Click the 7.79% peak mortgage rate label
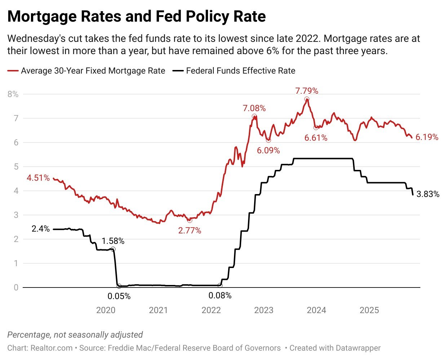[x=306, y=91]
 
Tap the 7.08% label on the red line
[x=254, y=108]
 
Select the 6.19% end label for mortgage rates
[x=427, y=137]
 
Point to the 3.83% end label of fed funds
[x=428, y=194]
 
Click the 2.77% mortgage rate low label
[x=190, y=231]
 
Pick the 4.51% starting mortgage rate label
[x=38, y=178]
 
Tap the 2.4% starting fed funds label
[x=40, y=229]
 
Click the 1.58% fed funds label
[x=113, y=241]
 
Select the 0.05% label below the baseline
[x=119, y=297]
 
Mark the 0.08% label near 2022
[x=220, y=296]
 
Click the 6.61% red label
[x=316, y=138]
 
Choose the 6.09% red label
[x=268, y=150]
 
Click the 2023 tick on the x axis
[x=264, y=310]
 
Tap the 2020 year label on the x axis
[x=106, y=310]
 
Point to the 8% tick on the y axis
[x=13, y=94]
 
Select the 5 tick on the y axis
[x=16, y=167]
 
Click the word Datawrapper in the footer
[x=358, y=348]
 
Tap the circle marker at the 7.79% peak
[x=306, y=99]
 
